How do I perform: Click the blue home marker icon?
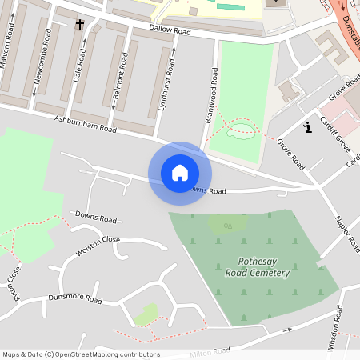(x=179, y=173)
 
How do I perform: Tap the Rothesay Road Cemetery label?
(x=263, y=267)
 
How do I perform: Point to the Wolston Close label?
(x=98, y=246)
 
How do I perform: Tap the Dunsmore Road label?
(x=75, y=299)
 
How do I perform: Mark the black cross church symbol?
(x=79, y=25)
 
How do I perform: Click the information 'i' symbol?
(x=307, y=126)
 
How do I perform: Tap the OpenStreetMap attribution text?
(x=80, y=354)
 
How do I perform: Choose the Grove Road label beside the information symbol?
(x=291, y=153)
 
